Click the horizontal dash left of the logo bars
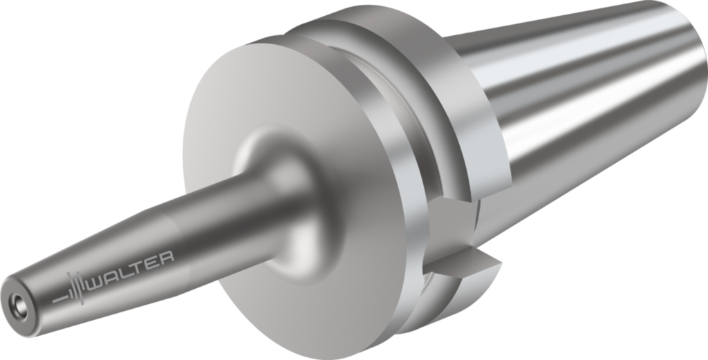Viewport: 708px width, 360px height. click(x=59, y=299)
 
